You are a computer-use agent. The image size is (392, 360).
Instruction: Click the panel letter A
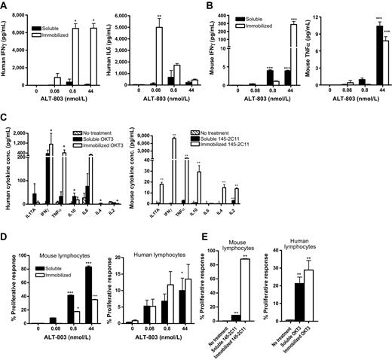coord(5,7)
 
